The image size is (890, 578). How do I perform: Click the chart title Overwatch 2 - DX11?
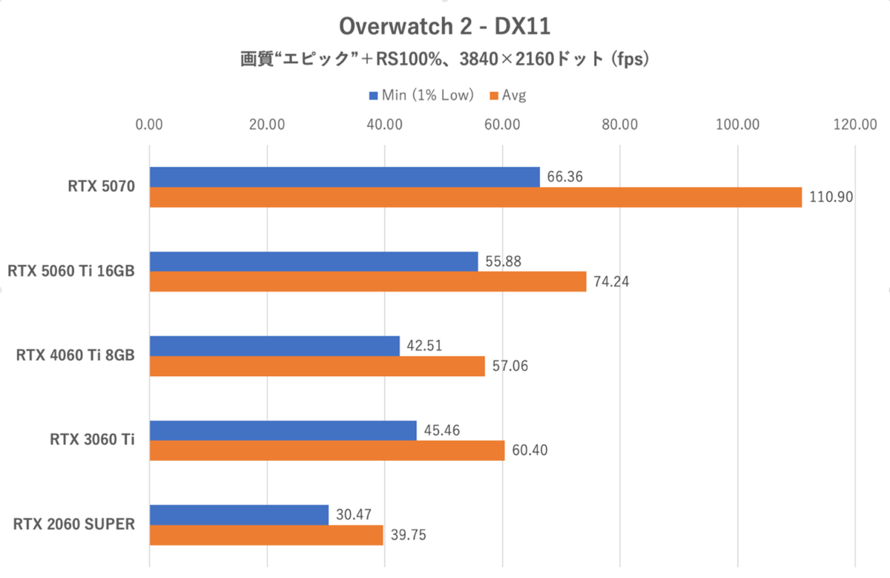click(444, 27)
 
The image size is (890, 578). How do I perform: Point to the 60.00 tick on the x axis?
click(502, 125)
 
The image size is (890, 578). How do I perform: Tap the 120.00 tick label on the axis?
click(854, 125)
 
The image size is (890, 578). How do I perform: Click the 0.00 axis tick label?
click(150, 125)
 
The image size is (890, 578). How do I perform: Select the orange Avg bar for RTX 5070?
click(475, 197)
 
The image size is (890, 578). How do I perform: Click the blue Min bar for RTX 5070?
click(345, 177)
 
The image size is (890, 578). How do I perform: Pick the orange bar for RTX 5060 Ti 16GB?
click(368, 282)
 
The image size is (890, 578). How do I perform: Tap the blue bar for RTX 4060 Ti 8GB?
click(274, 347)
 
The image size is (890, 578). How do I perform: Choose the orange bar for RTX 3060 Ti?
click(327, 450)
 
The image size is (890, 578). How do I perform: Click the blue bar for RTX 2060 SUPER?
click(239, 515)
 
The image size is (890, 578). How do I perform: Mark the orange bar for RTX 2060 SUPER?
click(266, 535)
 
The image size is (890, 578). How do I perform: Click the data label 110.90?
click(831, 197)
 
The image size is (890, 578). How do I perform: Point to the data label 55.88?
click(501, 262)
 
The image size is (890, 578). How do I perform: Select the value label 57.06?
click(507, 367)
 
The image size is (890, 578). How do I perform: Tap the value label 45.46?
click(439, 430)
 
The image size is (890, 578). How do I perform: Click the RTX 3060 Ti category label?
click(92, 440)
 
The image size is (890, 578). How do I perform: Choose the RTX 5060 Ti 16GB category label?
click(71, 272)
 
